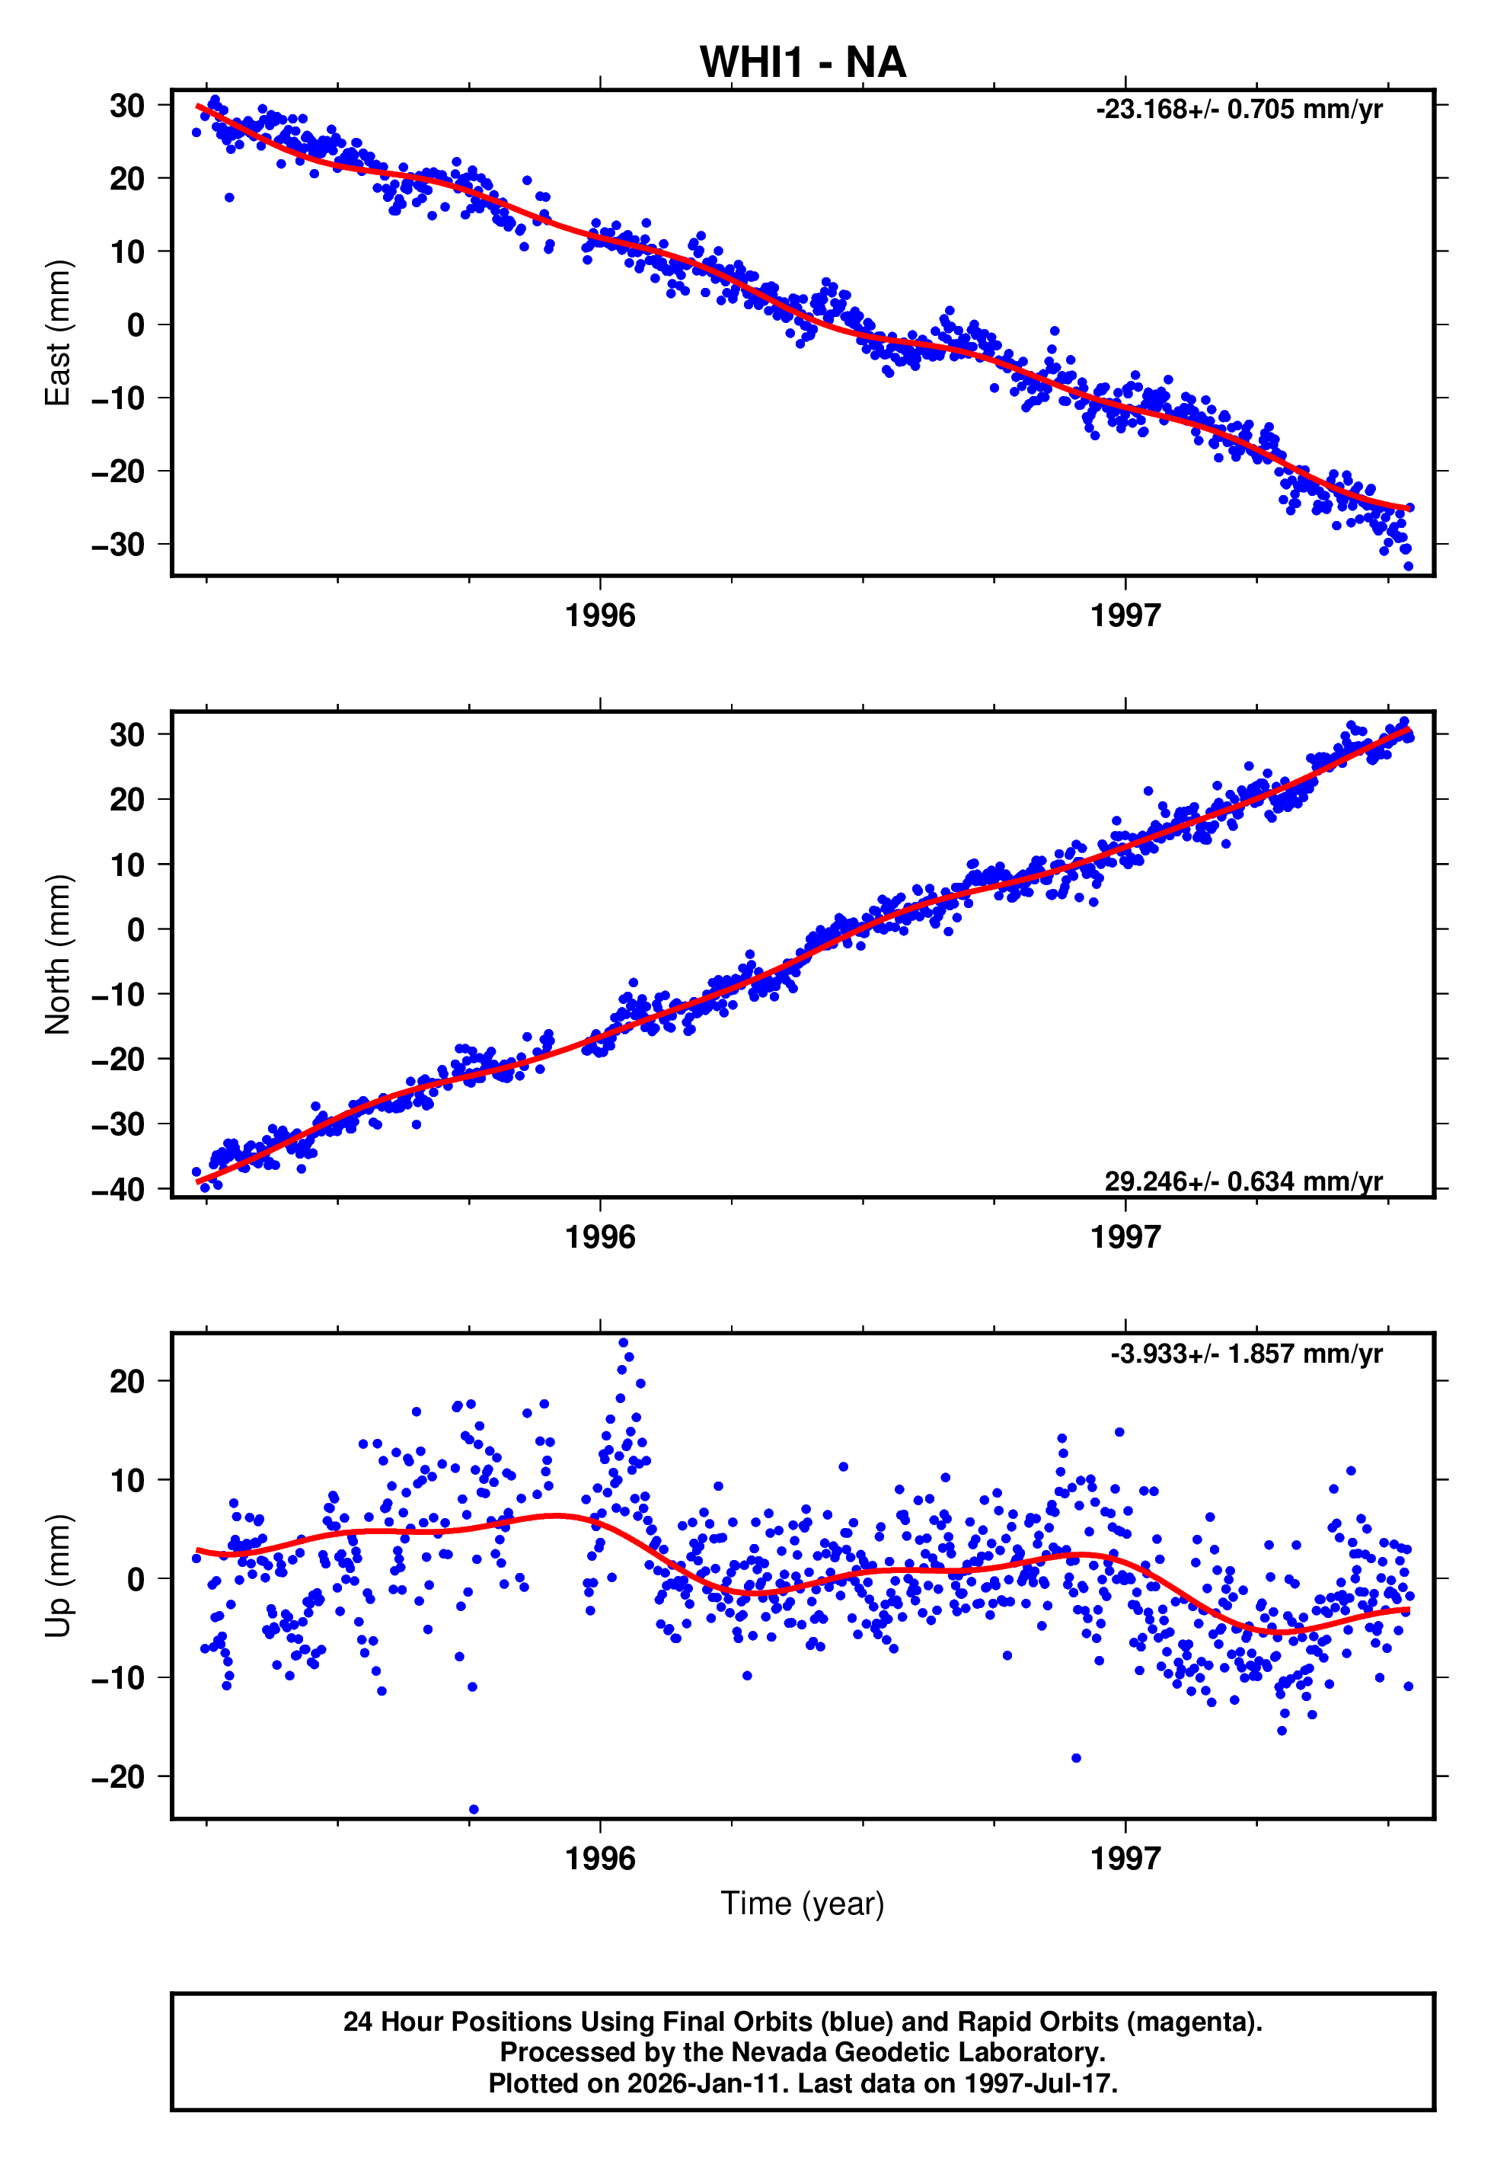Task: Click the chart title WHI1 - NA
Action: (x=803, y=62)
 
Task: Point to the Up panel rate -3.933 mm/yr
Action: (x=1246, y=1354)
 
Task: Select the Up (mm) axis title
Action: (x=58, y=1576)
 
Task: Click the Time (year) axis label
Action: (x=803, y=1904)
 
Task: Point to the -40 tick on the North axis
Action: (x=118, y=1189)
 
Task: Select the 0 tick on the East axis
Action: (x=136, y=324)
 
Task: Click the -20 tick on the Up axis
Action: (x=118, y=1776)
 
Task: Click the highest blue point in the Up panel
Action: (x=624, y=1342)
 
